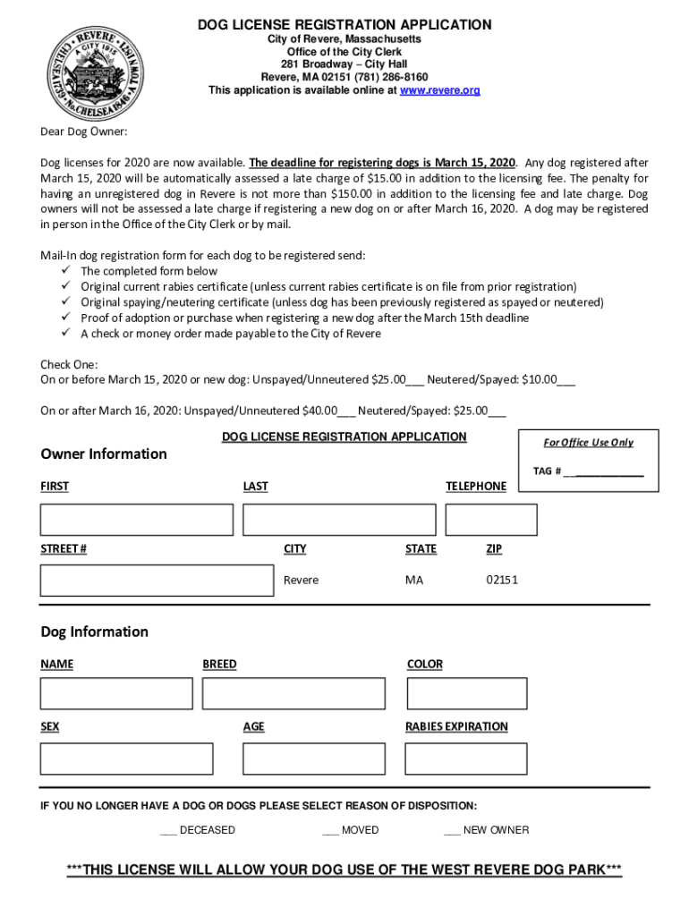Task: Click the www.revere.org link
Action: point(439,90)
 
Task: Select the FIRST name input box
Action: point(136,520)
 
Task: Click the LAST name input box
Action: point(339,520)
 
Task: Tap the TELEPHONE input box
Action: point(491,520)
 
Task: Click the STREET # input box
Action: point(157,580)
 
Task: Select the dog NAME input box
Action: point(116,693)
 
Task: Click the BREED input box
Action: point(293,693)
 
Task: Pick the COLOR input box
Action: point(466,693)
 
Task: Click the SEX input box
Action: point(126,759)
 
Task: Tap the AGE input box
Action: point(312,759)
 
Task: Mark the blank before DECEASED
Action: point(168,830)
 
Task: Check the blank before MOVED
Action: point(330,830)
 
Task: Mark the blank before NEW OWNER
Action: point(452,830)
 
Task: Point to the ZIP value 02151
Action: point(502,580)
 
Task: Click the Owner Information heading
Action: point(104,454)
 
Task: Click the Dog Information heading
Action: point(94,632)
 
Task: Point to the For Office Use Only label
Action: point(588,443)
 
